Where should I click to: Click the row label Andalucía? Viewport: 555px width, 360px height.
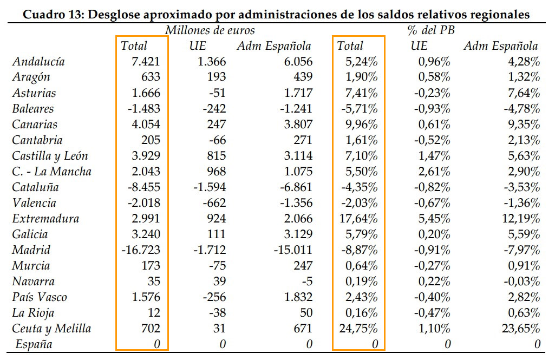point(38,62)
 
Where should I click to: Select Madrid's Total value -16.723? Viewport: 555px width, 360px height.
point(143,250)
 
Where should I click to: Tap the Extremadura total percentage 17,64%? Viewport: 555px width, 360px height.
point(362,219)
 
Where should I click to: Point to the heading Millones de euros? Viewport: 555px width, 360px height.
point(210,30)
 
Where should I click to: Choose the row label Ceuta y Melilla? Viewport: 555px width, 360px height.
point(51,329)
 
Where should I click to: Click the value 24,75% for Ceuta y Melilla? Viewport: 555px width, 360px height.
point(362,329)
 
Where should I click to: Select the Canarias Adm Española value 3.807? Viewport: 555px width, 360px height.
point(296,125)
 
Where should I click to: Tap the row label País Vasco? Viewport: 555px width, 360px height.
point(39,297)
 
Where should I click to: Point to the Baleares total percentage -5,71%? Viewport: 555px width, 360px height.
point(360,109)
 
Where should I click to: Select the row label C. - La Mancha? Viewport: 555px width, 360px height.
point(51,172)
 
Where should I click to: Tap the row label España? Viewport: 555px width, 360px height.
point(34,344)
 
